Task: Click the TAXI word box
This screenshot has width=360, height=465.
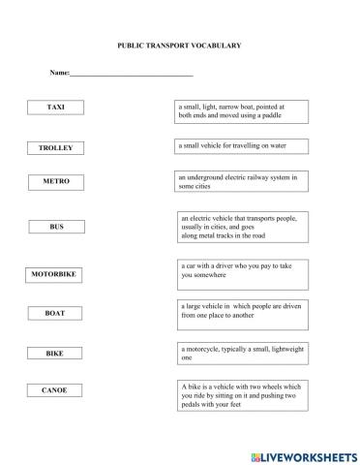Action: pyautogui.click(x=55, y=107)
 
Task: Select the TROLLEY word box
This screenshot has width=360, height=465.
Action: pyautogui.click(x=55, y=148)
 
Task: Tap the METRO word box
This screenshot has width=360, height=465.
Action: pyautogui.click(x=56, y=181)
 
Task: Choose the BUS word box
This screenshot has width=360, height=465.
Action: pyautogui.click(x=56, y=227)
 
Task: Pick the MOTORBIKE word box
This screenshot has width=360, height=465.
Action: pyautogui.click(x=54, y=274)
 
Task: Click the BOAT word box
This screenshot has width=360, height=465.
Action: pyautogui.click(x=55, y=314)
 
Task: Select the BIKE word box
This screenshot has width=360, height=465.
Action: pyautogui.click(x=55, y=354)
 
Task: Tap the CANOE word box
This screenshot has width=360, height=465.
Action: pyautogui.click(x=55, y=390)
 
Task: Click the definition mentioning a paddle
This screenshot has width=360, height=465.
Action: pyautogui.click(x=242, y=110)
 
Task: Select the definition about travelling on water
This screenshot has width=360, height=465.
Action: pyautogui.click(x=241, y=146)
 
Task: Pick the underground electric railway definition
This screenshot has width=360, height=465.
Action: pyautogui.click(x=241, y=182)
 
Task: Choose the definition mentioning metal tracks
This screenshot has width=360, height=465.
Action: pyautogui.click(x=243, y=227)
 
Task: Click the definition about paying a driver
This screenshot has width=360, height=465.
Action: pyautogui.click(x=243, y=271)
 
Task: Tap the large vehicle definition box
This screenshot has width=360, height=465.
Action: pyautogui.click(x=243, y=310)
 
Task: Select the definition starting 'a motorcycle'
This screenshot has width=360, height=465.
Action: pyautogui.click(x=243, y=353)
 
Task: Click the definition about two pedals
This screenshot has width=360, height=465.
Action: pyautogui.click(x=243, y=397)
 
